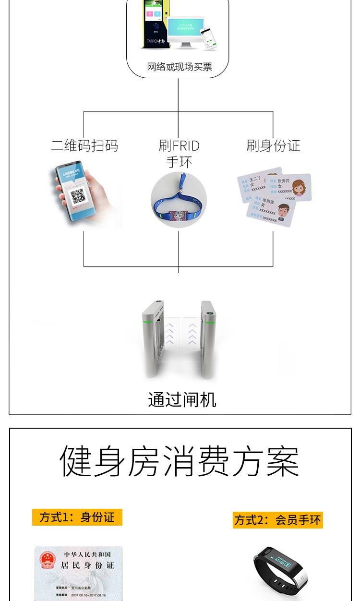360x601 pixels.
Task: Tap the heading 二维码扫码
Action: [x=84, y=145]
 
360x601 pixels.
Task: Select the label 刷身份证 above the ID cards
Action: [x=273, y=145]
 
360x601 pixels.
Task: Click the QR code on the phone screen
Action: [x=78, y=196]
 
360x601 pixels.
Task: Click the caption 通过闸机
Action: [x=182, y=399]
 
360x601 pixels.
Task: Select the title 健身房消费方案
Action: [x=180, y=461]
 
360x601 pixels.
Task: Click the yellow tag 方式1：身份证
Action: [x=77, y=517]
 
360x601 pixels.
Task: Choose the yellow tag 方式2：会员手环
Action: [x=278, y=519]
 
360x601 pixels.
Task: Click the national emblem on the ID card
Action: [x=48, y=560]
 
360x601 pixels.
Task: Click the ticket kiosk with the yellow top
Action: [x=153, y=24]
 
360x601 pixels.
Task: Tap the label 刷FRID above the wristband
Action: [x=179, y=145]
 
